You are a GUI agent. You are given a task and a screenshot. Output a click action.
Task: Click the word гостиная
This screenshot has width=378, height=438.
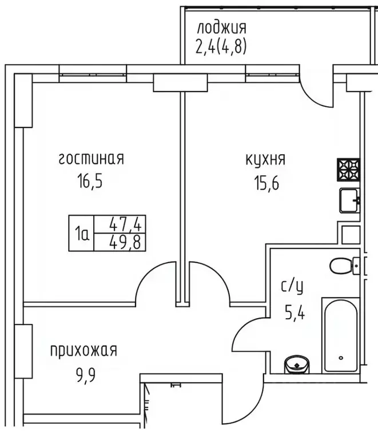tap(91, 159)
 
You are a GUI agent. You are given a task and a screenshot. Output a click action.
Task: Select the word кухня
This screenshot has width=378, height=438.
tap(265, 160)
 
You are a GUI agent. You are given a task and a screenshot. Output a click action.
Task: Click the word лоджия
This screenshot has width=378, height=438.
tap(221, 27)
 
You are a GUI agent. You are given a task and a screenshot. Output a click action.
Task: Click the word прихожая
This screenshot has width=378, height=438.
tap(83, 350)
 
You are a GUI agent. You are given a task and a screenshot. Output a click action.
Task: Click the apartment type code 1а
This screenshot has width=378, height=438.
tap(82, 233)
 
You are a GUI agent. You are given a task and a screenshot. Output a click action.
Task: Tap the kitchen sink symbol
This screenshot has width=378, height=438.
tap(349, 200)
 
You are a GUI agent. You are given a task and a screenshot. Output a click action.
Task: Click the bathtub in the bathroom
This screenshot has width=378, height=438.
tap(341, 335)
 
